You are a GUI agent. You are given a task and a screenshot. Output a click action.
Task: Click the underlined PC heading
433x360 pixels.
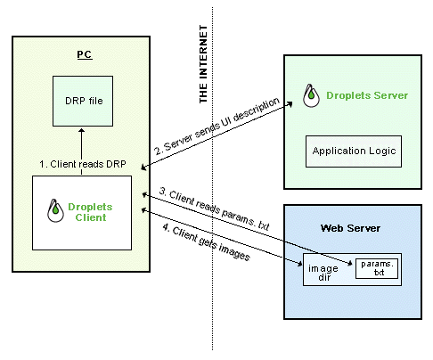(85, 54)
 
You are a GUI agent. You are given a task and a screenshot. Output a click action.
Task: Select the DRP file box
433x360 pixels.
(83, 101)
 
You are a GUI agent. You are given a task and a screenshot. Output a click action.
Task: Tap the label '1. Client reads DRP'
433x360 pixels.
(83, 164)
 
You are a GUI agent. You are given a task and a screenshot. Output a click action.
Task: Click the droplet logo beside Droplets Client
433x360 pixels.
(55, 210)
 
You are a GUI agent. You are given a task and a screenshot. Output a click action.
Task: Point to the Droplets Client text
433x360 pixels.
(90, 212)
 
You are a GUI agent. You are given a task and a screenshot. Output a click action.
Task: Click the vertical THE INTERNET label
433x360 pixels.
(203, 64)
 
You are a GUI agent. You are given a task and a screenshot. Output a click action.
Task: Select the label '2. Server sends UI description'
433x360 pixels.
(216, 126)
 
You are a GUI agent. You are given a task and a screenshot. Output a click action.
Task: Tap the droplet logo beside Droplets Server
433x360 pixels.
(311, 95)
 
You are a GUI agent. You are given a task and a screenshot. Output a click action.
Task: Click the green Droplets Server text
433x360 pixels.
(367, 95)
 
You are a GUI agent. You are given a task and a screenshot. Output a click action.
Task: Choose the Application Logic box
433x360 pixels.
(354, 151)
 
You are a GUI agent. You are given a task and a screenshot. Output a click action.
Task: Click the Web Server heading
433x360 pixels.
(350, 228)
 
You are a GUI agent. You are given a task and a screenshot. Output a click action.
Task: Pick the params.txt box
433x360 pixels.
(377, 268)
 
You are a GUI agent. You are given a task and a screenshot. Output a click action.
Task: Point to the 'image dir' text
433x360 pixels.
(323, 273)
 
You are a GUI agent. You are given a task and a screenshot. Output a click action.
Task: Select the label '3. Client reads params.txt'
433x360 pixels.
(215, 209)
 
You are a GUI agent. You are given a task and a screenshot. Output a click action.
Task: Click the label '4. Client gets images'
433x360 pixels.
(207, 242)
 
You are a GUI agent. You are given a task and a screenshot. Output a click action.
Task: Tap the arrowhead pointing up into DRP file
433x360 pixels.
(82, 131)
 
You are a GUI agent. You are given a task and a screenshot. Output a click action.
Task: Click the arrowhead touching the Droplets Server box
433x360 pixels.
(290, 104)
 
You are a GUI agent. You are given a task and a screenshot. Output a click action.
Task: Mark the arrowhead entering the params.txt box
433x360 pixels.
(350, 263)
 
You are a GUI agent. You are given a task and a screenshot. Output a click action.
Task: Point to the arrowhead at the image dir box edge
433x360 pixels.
(299, 263)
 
